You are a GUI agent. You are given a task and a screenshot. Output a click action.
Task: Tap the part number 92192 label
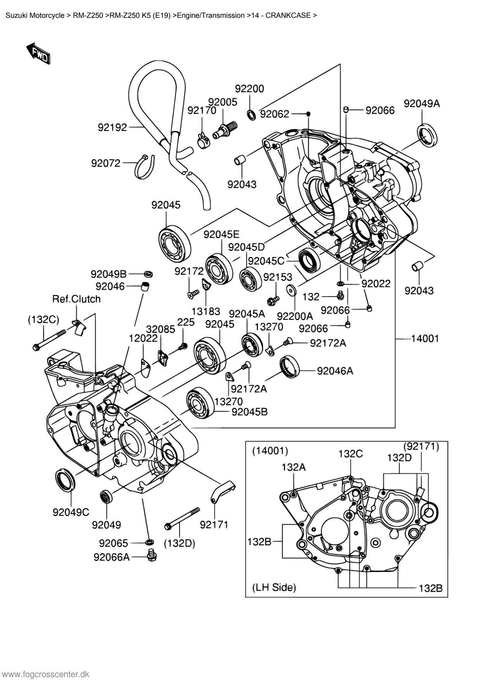[x=112, y=127]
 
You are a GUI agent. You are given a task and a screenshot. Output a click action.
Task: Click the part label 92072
[x=106, y=163]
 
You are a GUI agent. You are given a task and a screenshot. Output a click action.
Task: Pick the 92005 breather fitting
[x=225, y=131]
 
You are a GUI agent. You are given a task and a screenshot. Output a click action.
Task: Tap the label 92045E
[x=221, y=234]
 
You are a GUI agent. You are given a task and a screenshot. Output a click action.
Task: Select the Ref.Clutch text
[x=76, y=299]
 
